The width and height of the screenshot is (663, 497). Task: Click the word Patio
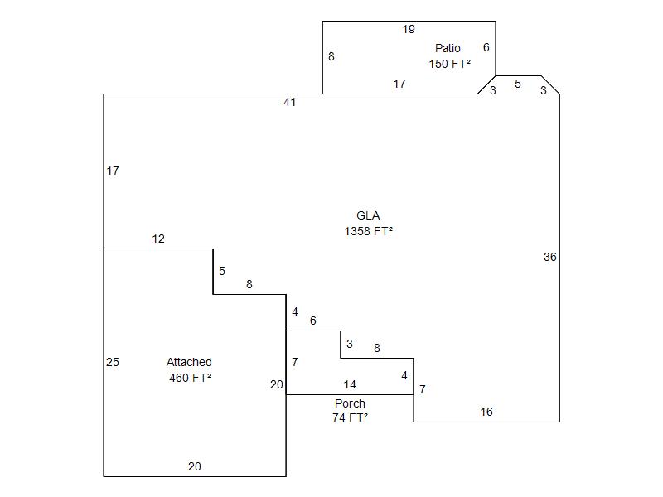[448, 48]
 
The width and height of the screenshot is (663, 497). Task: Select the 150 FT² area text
[450, 64]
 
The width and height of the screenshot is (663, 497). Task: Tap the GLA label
[368, 216]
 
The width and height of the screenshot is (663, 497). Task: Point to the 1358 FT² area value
[368, 232]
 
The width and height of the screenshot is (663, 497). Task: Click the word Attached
[189, 362]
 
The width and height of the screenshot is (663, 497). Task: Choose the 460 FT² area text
[190, 379]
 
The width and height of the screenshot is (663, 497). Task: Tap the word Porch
[350, 403]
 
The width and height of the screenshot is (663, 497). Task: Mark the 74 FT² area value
[350, 418]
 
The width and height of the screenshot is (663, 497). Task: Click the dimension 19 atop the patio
[409, 30]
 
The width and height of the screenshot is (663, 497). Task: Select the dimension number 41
[289, 103]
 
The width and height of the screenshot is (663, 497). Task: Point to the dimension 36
[549, 258]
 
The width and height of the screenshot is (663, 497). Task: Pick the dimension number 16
[486, 413]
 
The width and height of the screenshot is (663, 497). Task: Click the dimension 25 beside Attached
[113, 362]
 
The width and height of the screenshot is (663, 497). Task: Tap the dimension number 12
[158, 239]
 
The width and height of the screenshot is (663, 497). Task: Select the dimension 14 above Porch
[350, 385]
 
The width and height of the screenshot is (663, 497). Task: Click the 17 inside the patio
[399, 84]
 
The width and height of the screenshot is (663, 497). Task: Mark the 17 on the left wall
[113, 171]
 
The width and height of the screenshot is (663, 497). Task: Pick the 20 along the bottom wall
[194, 467]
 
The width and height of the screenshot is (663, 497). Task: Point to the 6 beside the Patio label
[486, 48]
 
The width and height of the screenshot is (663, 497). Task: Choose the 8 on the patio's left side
[331, 57]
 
